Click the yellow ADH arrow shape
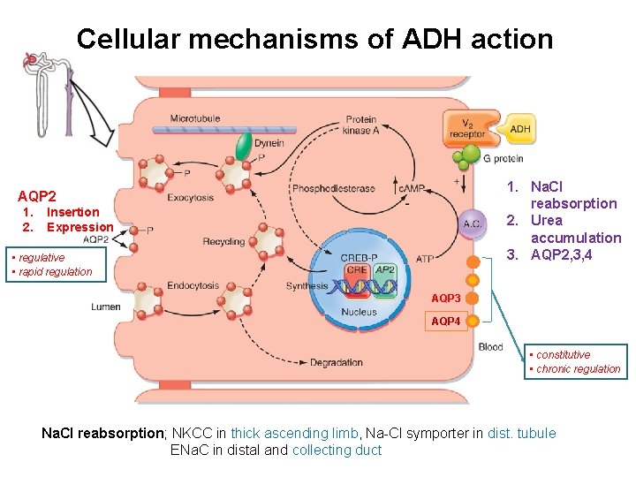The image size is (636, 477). (518, 130)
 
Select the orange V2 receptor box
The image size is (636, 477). (466, 129)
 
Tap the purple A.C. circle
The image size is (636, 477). (473, 223)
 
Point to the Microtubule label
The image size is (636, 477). (195, 118)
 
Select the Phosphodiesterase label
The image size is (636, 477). (333, 188)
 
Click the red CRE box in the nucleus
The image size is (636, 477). (357, 269)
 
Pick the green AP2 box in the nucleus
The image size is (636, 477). (385, 269)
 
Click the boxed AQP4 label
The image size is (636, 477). (446, 322)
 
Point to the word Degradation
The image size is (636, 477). (336, 362)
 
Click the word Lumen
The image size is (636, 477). (105, 307)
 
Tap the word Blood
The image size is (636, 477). (490, 347)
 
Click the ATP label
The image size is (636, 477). (424, 259)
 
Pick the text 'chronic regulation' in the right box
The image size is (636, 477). (578, 369)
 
